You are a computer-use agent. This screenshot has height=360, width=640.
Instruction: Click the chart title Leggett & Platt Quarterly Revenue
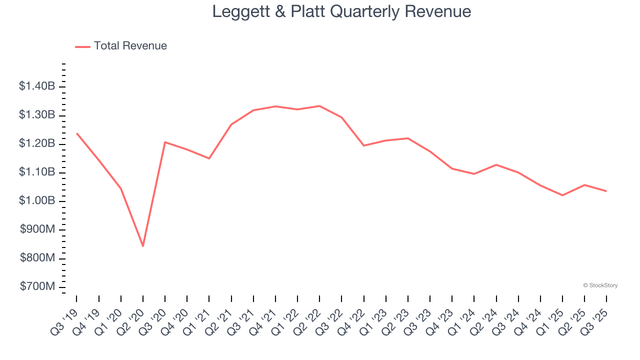341,11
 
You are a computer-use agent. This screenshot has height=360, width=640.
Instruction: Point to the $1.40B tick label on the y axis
37,86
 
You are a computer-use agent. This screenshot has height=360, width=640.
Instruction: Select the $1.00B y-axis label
37,201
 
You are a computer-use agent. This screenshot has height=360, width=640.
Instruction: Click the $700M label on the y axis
37,287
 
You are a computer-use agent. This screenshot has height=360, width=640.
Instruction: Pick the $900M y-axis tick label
37,229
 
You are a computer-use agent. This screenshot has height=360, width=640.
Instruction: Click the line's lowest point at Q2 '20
143,246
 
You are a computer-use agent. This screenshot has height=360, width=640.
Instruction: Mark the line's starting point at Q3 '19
76,133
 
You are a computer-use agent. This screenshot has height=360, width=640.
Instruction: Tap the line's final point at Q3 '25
606,191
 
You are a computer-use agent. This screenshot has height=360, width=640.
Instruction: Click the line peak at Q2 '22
319,105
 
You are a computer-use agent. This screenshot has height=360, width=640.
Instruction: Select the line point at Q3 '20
165,142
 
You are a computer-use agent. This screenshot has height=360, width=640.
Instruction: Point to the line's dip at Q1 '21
209,158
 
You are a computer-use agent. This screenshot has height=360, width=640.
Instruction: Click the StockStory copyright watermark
600,285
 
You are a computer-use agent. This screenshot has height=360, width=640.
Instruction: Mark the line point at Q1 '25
562,195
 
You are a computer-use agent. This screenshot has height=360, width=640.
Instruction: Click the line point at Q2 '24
496,164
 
